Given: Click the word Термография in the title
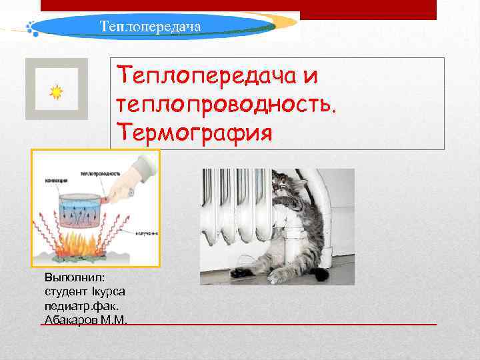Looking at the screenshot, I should click(194, 131).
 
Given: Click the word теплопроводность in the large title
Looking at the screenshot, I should click(227, 103).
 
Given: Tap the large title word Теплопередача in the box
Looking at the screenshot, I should click(208, 75).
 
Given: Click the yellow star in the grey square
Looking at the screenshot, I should click(56, 92).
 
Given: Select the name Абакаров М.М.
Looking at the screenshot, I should click(84, 320).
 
